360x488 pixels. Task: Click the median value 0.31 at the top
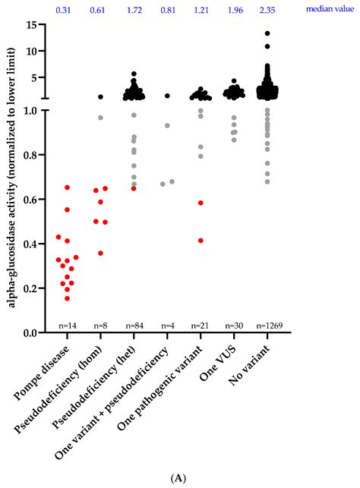[67, 11]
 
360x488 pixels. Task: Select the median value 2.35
[267, 11]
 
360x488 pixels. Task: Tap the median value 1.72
[134, 11]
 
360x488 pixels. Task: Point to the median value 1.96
[234, 11]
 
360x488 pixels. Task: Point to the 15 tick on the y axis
[33, 24]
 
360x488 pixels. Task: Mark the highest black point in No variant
[267, 33]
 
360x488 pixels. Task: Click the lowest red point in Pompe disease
[68, 298]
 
